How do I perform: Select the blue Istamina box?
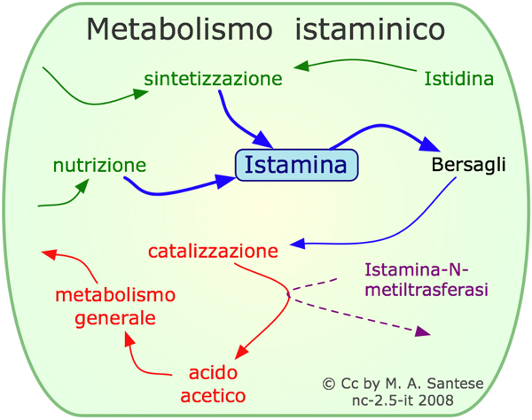(296, 165)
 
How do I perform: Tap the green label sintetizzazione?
(214, 79)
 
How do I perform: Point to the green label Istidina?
(458, 79)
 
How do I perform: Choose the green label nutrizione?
(99, 165)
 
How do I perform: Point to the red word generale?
(115, 317)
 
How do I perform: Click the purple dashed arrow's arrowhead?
(424, 331)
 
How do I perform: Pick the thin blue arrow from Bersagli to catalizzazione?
(399, 232)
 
